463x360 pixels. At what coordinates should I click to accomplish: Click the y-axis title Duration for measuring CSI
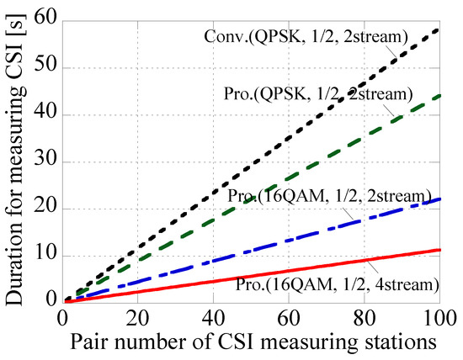(17, 160)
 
